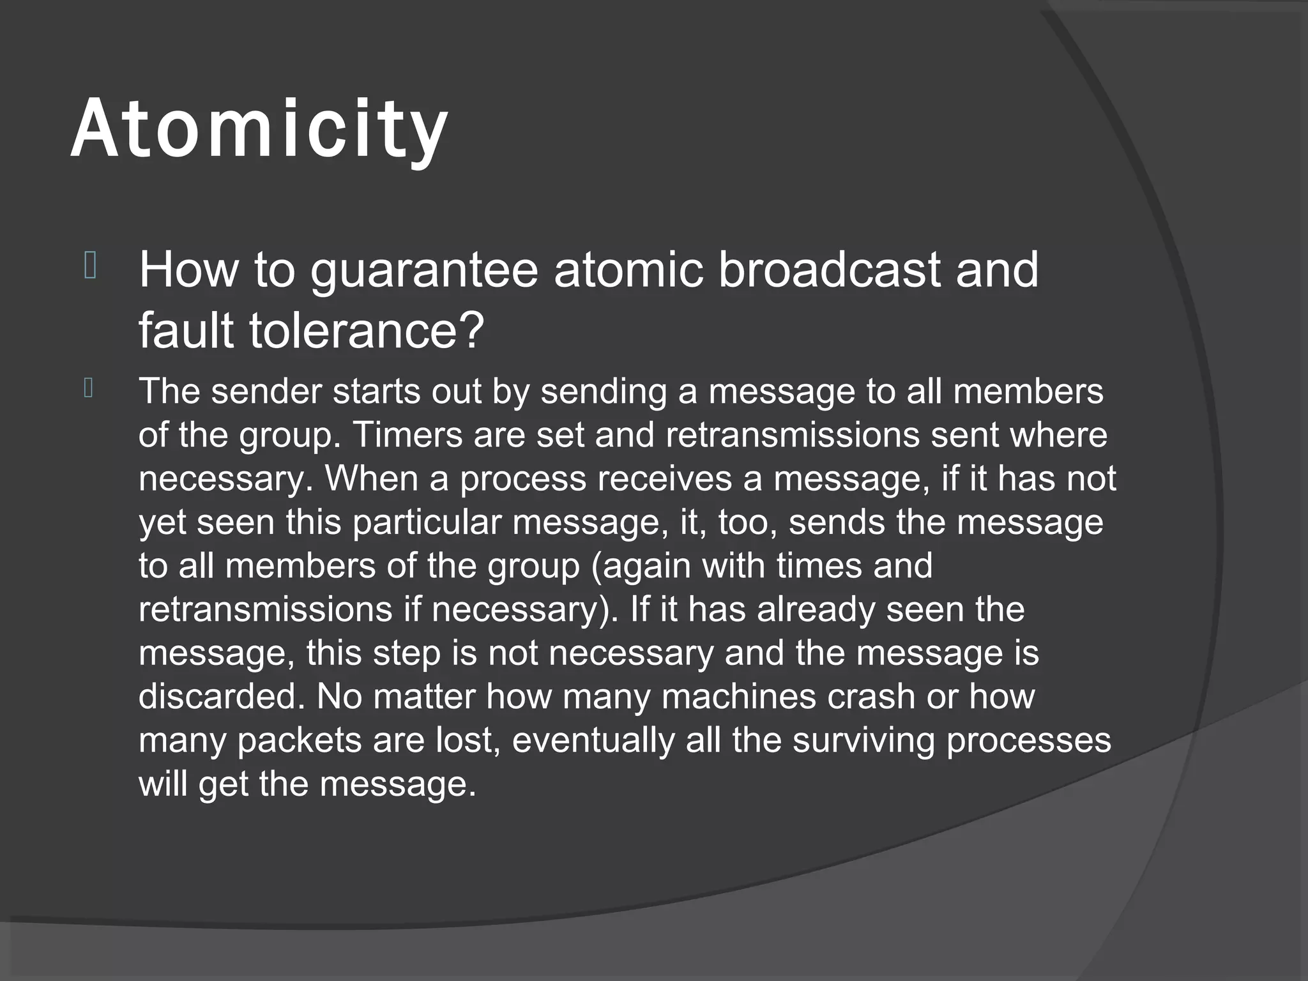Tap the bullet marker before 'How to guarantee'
[90, 266]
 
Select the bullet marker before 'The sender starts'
[89, 388]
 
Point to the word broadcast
[828, 270]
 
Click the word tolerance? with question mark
[367, 331]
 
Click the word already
[816, 610]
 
